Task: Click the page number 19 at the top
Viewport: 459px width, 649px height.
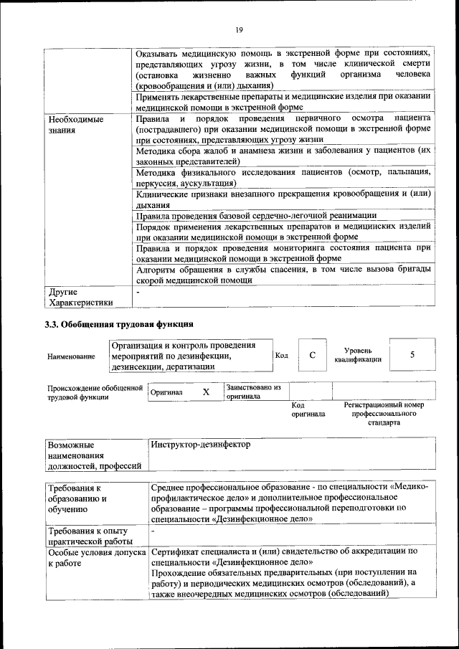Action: click(238, 29)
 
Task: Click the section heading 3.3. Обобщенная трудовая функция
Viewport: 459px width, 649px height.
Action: click(120, 324)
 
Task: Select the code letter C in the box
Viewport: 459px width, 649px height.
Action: click(313, 356)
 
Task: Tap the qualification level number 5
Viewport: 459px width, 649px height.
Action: click(412, 355)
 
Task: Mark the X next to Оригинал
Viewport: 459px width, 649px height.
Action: click(206, 392)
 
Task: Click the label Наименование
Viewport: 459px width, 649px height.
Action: click(71, 356)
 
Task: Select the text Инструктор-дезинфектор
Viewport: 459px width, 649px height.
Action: click(201, 445)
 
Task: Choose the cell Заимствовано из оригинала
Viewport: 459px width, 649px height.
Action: click(252, 392)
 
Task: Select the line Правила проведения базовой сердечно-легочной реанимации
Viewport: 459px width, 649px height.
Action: click(256, 215)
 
